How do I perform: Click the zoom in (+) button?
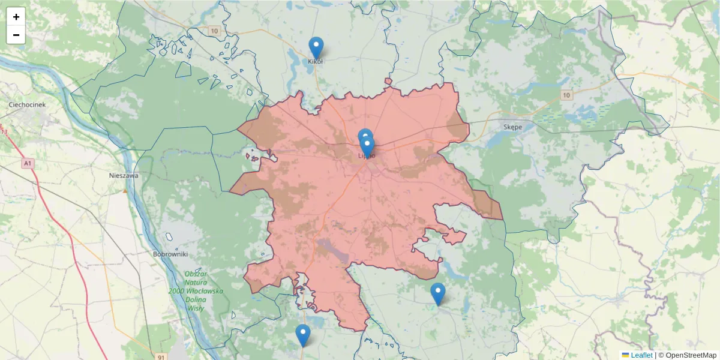pyautogui.click(x=16, y=17)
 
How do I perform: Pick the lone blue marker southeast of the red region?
pyautogui.click(x=438, y=293)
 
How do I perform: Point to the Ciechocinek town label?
pyautogui.click(x=27, y=104)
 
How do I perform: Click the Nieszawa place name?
pyautogui.click(x=124, y=176)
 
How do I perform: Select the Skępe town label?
pyautogui.click(x=512, y=127)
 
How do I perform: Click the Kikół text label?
pyautogui.click(x=316, y=61)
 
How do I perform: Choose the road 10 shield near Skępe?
pyautogui.click(x=567, y=95)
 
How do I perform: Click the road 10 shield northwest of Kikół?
pyautogui.click(x=214, y=31)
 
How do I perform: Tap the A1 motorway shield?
pyautogui.click(x=28, y=163)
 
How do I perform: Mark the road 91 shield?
pyautogui.click(x=161, y=357)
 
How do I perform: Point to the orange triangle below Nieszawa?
pyautogui.click(x=125, y=191)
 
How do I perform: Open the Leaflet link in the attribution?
pyautogui.click(x=641, y=355)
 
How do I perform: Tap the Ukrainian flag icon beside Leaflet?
pyautogui.click(x=625, y=355)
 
